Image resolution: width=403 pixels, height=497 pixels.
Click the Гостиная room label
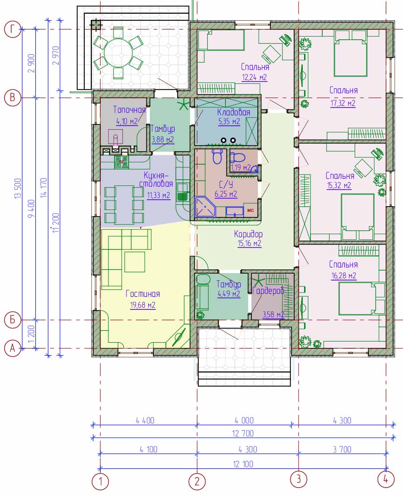(x=143, y=294)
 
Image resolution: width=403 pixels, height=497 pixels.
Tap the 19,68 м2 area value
(x=143, y=305)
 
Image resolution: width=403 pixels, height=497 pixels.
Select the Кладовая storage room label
(x=234, y=112)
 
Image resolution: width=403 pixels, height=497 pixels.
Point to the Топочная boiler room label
(x=129, y=110)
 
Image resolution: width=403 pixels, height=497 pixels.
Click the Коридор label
(x=248, y=234)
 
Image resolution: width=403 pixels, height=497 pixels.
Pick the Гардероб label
(x=268, y=290)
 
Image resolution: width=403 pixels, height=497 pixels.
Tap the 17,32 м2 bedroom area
(x=343, y=103)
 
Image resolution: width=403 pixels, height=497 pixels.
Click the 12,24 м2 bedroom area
(x=254, y=77)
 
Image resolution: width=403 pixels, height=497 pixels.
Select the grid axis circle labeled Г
(x=13, y=29)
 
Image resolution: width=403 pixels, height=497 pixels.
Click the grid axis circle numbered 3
(x=299, y=478)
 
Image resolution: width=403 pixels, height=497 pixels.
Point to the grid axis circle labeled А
(x=13, y=348)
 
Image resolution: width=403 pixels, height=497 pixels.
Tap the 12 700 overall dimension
(x=243, y=433)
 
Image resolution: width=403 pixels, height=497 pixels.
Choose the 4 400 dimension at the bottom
(x=145, y=421)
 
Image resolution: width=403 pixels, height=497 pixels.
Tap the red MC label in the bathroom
(x=250, y=210)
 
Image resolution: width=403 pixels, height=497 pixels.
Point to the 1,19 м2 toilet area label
(x=241, y=167)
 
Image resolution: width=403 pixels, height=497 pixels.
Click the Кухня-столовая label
(x=156, y=179)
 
